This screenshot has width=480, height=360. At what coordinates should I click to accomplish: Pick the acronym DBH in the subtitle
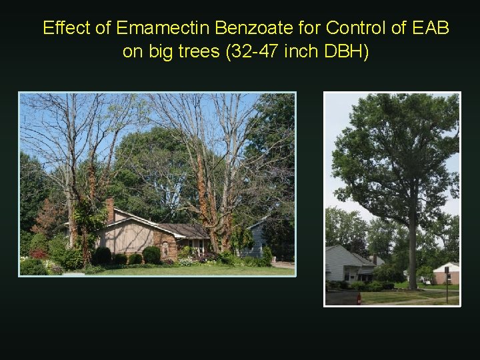point(344,51)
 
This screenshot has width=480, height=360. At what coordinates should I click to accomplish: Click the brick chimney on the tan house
point(110,211)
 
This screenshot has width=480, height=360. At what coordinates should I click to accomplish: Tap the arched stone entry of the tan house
point(165,247)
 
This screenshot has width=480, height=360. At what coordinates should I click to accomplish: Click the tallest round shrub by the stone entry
point(152,255)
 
